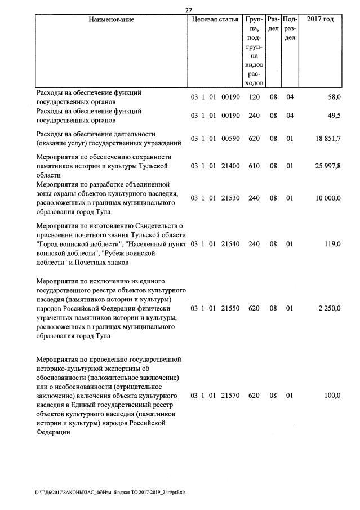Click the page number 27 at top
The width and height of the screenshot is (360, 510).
pos(189,9)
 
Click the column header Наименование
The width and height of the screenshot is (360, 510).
pos(111,20)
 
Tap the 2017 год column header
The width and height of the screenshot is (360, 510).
pos(320,20)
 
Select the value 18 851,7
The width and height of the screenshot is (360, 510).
pos(328,139)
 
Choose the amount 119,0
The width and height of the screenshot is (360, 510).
pos(332,244)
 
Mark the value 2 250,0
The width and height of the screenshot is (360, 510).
pos(330,308)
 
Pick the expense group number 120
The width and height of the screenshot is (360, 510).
pos(254,97)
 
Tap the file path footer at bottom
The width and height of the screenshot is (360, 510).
pos(110,492)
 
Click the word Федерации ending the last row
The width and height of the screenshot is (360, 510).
pos(53,432)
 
